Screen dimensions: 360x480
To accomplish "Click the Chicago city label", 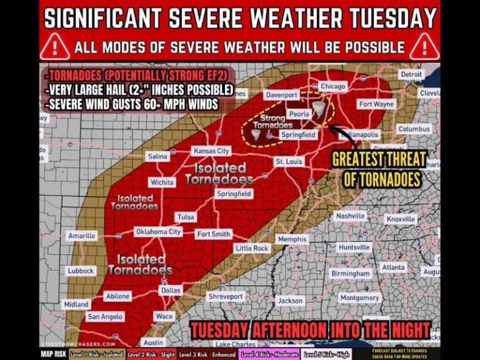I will point(332,86).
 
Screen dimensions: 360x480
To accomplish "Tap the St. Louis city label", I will point(289,162).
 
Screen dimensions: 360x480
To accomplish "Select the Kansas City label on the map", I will point(211,151).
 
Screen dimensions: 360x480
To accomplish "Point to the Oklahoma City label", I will point(159,232).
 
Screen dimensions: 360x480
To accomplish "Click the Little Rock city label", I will point(252,248).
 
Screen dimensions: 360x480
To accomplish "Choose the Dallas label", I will point(170,290).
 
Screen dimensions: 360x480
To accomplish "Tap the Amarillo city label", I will point(81,236).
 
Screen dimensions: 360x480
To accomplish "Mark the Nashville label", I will point(350,216).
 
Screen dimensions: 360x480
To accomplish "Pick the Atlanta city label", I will point(393,267).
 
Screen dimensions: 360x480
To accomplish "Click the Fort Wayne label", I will point(376,104).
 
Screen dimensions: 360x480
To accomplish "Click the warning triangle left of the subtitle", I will point(57,47).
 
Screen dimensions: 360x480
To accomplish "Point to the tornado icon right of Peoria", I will point(321,110).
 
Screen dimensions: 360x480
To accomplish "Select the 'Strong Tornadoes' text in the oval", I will point(272,121).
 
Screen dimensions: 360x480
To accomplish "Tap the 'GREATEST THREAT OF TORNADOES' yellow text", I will point(379,169).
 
